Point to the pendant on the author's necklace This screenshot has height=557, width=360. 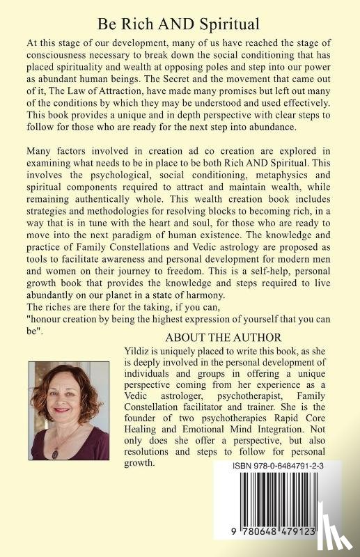tap(55, 453)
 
